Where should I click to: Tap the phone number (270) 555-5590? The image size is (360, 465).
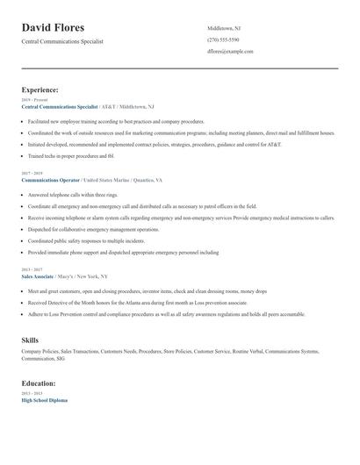[x=223, y=39]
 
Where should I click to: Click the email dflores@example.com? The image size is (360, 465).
[x=230, y=52]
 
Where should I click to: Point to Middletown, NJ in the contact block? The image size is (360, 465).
[x=224, y=28]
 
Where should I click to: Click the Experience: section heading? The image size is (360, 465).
[x=40, y=89]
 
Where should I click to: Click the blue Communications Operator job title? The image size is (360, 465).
[x=51, y=179]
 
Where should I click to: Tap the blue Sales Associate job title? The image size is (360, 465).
[x=38, y=275]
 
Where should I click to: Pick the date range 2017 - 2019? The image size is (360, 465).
[x=30, y=173]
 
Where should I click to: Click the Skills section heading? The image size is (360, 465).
[x=30, y=339]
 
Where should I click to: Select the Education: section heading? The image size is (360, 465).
[x=40, y=383]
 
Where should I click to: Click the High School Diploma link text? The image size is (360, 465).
[x=44, y=400]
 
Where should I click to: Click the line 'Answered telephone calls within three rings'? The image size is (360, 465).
[x=72, y=194]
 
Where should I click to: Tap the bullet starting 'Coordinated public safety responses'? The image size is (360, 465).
[x=86, y=240]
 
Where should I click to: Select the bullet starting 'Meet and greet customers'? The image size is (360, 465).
[x=132, y=290]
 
